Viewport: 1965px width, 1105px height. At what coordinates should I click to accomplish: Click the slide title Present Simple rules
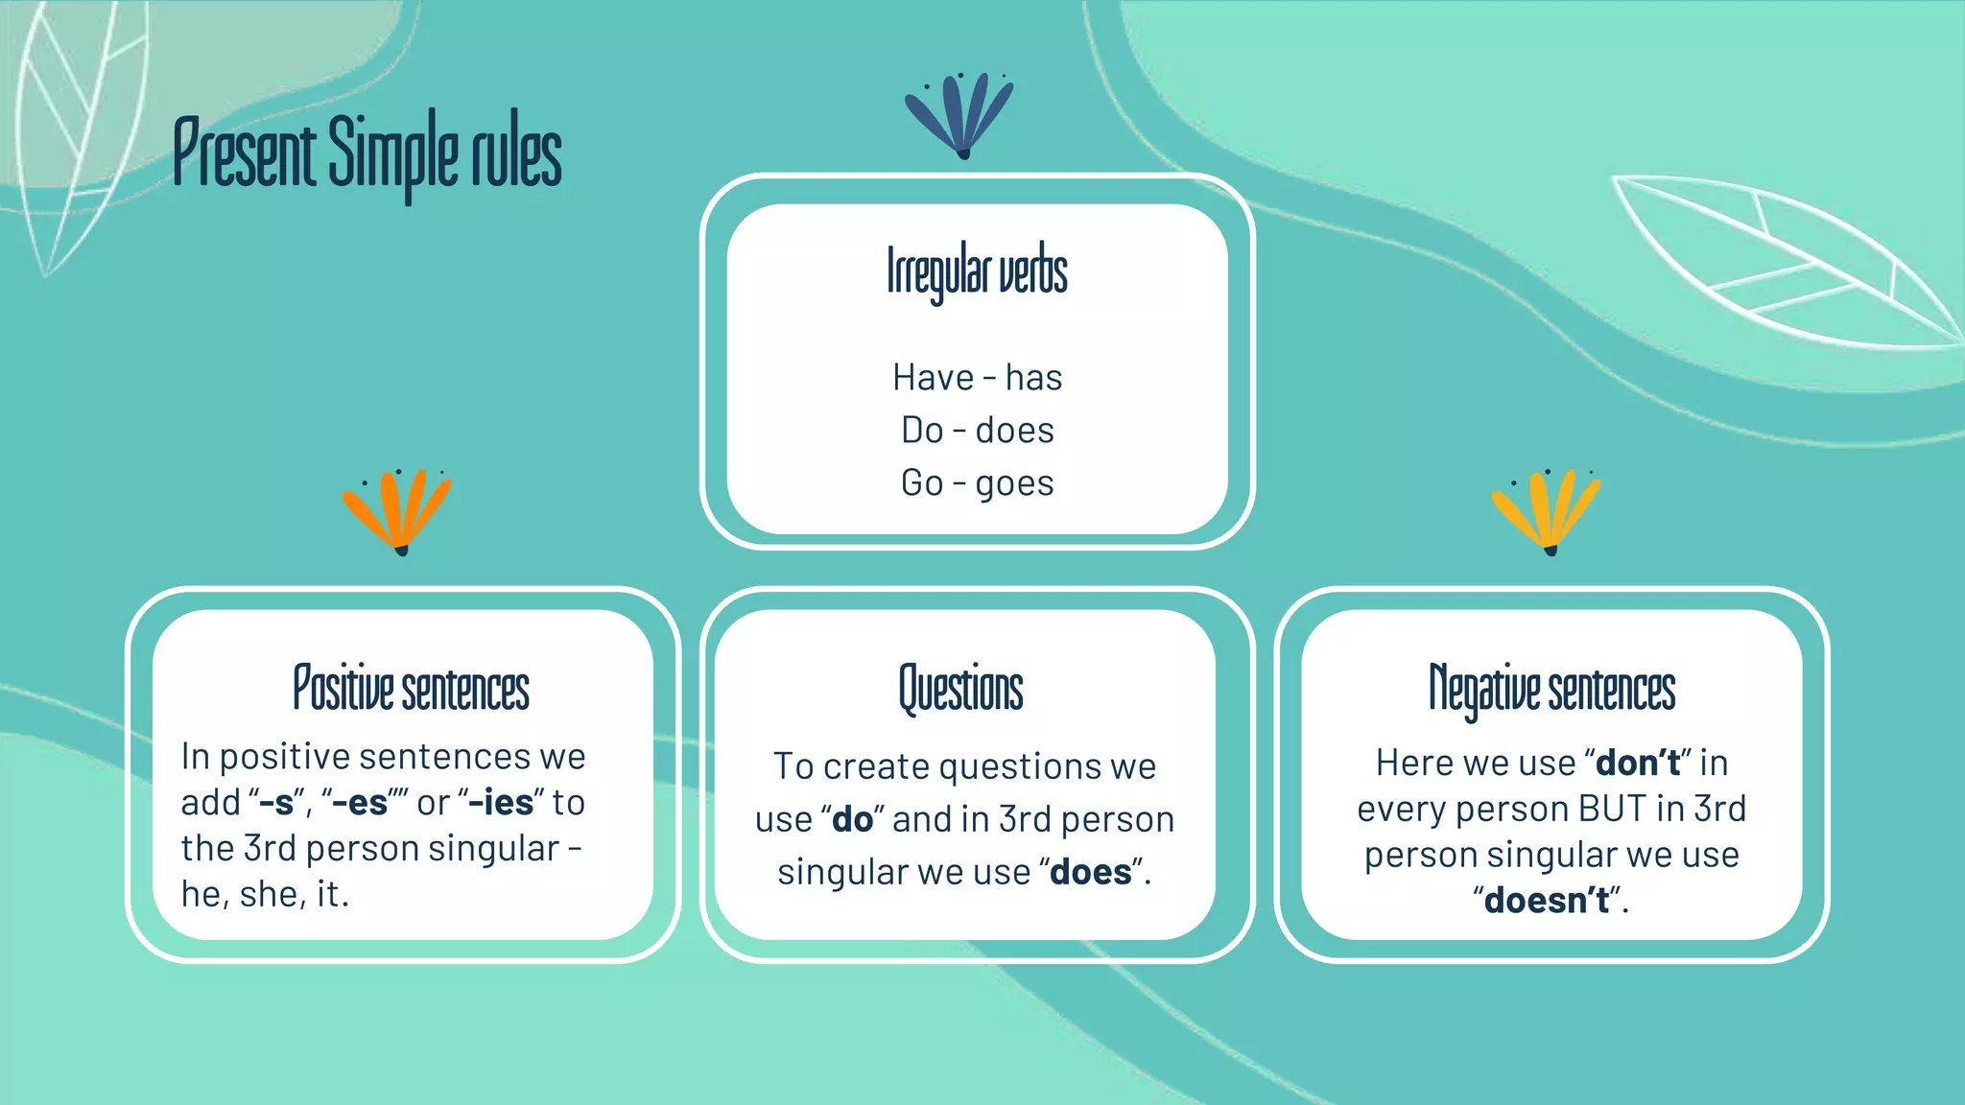tap(367, 153)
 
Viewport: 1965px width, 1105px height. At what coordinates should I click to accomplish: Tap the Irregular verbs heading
tap(977, 271)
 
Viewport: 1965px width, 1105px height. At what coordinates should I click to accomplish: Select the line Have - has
tap(977, 378)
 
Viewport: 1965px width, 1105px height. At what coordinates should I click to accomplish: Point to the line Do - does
tap(977, 431)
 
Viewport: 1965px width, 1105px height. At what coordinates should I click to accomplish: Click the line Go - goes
tap(977, 483)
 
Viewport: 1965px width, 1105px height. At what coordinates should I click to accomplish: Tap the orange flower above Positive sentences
tap(397, 510)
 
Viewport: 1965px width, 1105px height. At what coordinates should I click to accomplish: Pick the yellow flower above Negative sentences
tap(1546, 510)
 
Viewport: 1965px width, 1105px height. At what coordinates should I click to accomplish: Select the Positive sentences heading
tap(411, 689)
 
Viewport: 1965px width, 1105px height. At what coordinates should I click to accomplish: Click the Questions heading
tap(960, 689)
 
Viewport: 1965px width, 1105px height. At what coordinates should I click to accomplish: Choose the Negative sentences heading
tap(1551, 689)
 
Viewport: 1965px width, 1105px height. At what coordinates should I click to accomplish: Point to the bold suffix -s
tap(276, 803)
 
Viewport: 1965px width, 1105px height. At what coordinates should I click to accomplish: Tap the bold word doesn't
tap(1546, 901)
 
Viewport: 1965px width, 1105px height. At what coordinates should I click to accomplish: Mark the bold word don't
tap(1637, 764)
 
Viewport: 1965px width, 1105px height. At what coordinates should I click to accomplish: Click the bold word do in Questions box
tap(852, 820)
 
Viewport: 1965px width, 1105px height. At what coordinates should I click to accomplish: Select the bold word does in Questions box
tap(1091, 873)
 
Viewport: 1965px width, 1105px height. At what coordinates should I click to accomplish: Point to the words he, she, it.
tap(264, 895)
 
